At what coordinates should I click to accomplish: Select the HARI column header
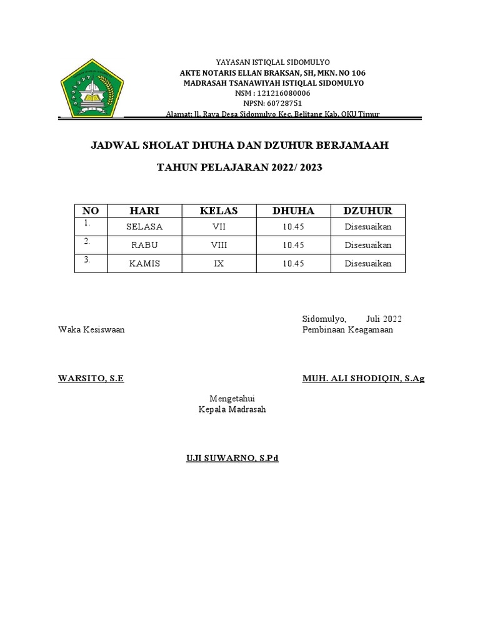(144, 211)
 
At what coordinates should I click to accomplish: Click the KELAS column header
(219, 211)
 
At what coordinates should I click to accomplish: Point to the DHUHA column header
(293, 211)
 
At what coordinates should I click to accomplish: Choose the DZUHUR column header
(368, 211)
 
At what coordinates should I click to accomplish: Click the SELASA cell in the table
(144, 227)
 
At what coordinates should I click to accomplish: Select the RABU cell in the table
(144, 245)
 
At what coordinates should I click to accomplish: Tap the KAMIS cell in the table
(144, 264)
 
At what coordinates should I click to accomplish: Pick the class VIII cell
(219, 245)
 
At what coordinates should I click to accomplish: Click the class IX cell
(219, 264)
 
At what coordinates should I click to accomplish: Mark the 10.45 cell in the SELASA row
(293, 227)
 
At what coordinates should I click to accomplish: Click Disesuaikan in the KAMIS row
(368, 264)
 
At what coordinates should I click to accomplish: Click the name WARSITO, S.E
(91, 379)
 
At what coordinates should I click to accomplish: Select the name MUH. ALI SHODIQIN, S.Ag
(363, 379)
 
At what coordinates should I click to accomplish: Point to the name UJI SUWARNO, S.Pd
(232, 458)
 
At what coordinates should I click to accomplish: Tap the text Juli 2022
(384, 319)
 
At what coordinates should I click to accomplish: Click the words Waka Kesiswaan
(91, 329)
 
